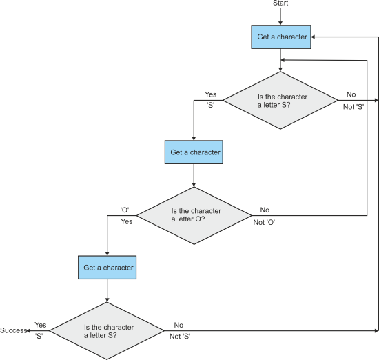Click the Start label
[280, 3]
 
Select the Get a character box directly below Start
[281, 37]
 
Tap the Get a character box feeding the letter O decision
[194, 152]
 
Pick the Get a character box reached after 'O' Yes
[107, 268]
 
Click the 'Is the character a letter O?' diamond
[194, 216]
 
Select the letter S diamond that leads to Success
[107, 331]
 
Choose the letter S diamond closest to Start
[280, 101]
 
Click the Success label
[13, 330]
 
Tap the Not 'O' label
[264, 222]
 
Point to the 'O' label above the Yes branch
[125, 210]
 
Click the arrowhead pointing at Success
[28, 331]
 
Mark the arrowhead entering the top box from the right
[313, 37]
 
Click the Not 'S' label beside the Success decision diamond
[180, 337]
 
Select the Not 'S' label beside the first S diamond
[354, 107]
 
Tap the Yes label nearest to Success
[41, 325]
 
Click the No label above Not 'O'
[265, 210]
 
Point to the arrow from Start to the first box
[280, 17]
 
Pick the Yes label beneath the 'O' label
[126, 221]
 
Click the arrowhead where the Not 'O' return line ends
[283, 60]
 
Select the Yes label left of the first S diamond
[211, 94]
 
